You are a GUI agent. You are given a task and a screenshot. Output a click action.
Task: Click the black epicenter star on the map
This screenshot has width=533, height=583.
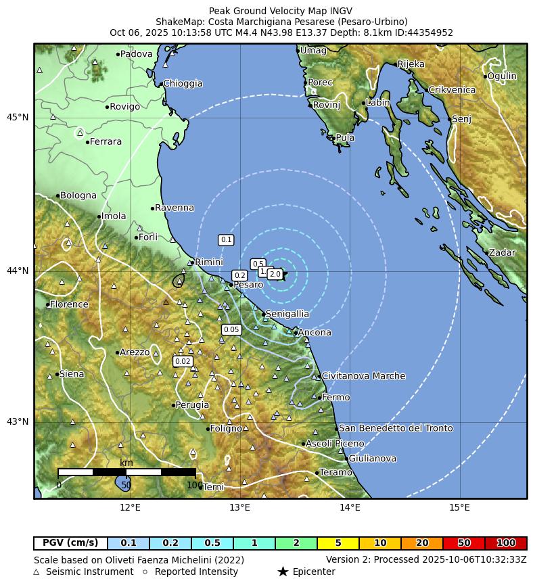(x=284, y=273)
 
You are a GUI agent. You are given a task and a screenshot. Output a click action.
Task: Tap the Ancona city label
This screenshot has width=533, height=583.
(x=315, y=333)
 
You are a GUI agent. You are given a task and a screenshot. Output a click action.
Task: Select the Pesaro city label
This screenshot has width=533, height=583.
(x=248, y=285)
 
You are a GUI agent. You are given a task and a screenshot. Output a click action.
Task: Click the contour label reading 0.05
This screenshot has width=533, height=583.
(x=231, y=329)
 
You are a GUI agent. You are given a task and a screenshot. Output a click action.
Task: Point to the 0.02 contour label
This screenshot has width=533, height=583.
(x=183, y=361)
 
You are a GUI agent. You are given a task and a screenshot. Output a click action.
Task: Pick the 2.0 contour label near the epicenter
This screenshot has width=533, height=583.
(x=275, y=274)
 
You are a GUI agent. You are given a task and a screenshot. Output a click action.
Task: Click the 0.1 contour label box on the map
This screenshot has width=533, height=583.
(x=226, y=240)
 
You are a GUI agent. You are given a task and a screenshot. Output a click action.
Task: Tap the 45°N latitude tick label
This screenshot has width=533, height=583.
(x=18, y=118)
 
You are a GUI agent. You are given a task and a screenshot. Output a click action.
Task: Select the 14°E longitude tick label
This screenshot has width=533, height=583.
(x=350, y=508)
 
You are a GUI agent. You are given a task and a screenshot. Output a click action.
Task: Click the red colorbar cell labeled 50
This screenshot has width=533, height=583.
(x=464, y=543)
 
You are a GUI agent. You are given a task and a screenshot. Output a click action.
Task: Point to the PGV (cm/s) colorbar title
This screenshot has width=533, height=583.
(x=70, y=543)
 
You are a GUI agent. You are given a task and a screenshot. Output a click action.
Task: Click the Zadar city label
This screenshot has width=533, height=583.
(x=502, y=253)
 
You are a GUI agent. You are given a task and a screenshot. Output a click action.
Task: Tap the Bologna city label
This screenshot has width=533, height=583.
(x=78, y=196)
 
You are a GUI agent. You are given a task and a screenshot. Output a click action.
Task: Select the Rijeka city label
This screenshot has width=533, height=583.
(x=411, y=64)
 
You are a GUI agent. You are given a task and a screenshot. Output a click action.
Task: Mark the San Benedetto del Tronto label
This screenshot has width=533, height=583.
(x=396, y=428)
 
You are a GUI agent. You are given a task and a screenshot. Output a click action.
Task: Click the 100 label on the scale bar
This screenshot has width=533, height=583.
(x=195, y=485)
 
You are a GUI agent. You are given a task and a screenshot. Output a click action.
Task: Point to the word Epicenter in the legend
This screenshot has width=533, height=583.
(x=314, y=572)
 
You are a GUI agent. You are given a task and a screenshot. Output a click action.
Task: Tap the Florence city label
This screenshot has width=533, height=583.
(x=69, y=304)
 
